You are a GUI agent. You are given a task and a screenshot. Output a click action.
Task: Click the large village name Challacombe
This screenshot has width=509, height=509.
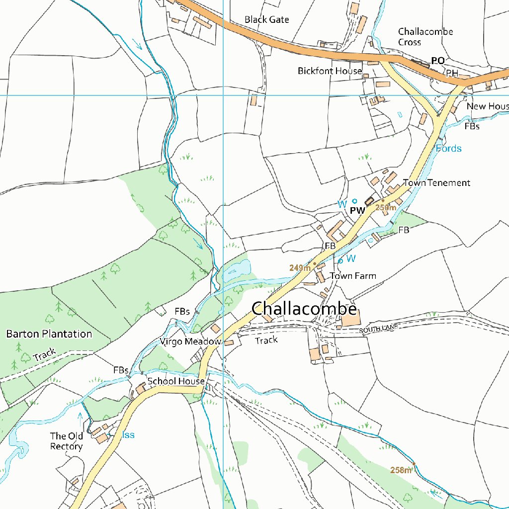pos(304,309)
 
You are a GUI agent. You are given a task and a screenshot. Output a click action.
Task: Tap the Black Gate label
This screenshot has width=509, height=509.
pos(266,20)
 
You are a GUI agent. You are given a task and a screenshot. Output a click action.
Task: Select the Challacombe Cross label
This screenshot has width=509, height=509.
pos(425,37)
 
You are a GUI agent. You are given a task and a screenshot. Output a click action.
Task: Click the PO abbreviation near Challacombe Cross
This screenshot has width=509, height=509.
pos(437,61)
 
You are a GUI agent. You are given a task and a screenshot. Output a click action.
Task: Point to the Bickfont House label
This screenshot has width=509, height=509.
pos(330,71)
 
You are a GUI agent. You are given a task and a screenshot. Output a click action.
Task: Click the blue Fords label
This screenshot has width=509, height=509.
pos(449,149)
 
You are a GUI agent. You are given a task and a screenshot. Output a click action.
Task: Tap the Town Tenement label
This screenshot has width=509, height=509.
pos(436,183)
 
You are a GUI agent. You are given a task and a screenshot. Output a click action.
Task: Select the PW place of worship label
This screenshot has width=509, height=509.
pos(357,210)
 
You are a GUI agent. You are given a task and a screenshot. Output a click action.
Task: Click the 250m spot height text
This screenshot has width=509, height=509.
pos(386,207)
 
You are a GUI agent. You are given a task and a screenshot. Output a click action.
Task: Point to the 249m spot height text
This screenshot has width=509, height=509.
pos(300,268)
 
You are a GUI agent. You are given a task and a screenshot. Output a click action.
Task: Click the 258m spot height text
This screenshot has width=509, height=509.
pos(401,470)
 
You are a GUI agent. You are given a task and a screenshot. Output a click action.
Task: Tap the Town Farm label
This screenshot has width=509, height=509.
pos(353,276)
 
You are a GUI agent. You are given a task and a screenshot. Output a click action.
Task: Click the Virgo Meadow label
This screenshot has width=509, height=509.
pos(190,341)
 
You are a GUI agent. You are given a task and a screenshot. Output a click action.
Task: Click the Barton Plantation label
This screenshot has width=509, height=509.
pos(49,334)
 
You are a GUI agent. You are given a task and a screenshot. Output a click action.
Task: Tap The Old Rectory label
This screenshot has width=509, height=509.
pos(66,441)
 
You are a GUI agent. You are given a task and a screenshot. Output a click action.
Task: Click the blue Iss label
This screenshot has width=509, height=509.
pos(128,435)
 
